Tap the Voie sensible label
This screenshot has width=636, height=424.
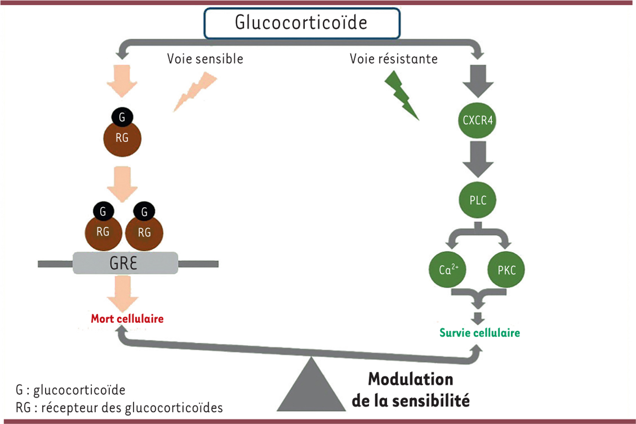click(205, 58)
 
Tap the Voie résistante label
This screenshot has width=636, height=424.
click(393, 58)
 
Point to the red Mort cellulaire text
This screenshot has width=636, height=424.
click(127, 319)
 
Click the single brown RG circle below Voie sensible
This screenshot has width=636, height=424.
click(122, 139)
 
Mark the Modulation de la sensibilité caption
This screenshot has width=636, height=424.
click(411, 390)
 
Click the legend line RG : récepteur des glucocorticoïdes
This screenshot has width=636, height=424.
click(119, 408)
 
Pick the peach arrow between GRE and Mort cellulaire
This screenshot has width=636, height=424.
click(122, 293)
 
